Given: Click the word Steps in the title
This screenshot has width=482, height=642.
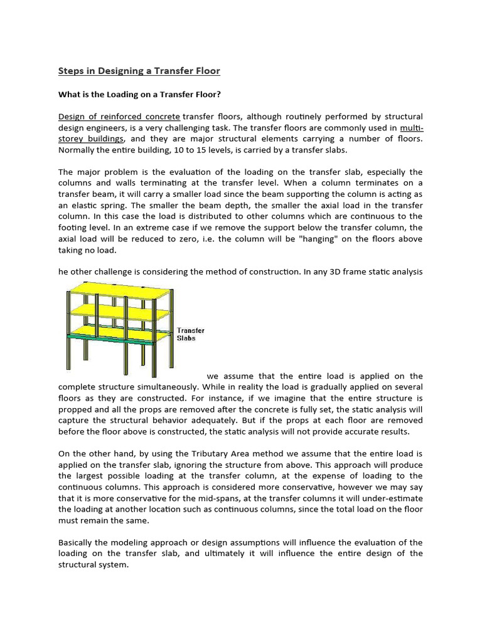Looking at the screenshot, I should pos(72,71).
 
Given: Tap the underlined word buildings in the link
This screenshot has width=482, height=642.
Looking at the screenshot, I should pos(104,139).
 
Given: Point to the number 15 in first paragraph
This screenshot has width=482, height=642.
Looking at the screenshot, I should pos(195,150).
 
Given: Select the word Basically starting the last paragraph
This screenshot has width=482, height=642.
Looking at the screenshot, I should pos(80,542).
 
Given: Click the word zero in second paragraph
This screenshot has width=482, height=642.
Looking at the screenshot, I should pos(186,239).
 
